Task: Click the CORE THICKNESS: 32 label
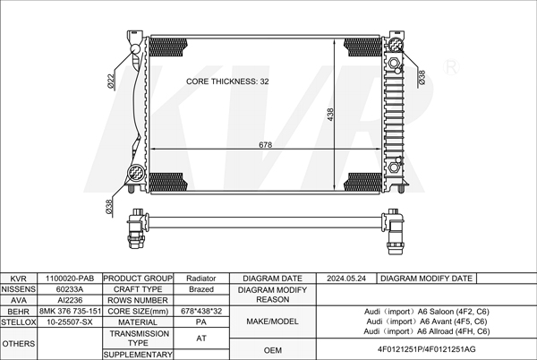coord(227,81)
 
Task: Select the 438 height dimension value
coord(330,115)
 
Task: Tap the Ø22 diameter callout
coord(112,81)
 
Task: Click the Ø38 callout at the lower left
coord(109,207)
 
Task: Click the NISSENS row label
coord(19,289)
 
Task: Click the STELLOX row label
coord(19,321)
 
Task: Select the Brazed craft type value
coord(200,289)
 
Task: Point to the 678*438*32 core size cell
coord(200,311)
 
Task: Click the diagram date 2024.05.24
coord(346,279)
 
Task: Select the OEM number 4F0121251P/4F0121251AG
coord(421,348)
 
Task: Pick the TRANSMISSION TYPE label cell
coord(139,338)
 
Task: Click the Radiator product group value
coord(200,279)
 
